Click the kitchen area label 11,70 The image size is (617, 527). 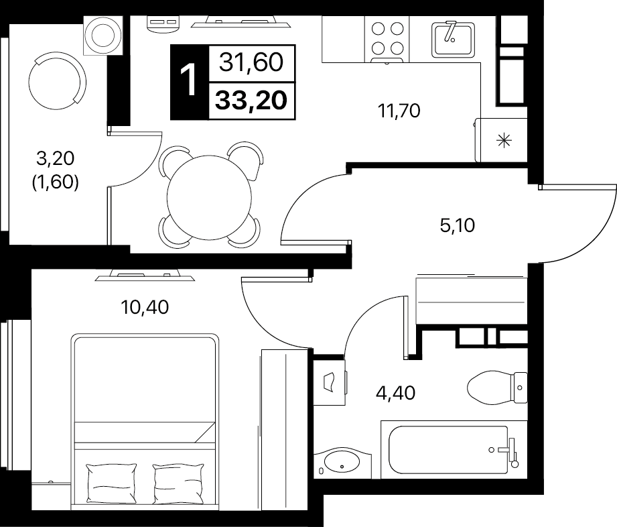[399, 111]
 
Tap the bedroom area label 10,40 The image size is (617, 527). [145, 307]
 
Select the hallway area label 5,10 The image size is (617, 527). [458, 225]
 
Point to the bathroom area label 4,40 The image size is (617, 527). [395, 393]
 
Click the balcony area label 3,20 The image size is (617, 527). [55, 158]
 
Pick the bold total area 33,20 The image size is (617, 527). [251, 100]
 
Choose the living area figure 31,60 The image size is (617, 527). [251, 62]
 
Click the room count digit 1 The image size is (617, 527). [188, 81]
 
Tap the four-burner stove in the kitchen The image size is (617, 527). [387, 40]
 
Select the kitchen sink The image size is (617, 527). [453, 39]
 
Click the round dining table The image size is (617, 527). [209, 198]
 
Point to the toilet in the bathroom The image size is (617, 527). [497, 388]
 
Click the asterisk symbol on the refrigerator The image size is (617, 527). [504, 140]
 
